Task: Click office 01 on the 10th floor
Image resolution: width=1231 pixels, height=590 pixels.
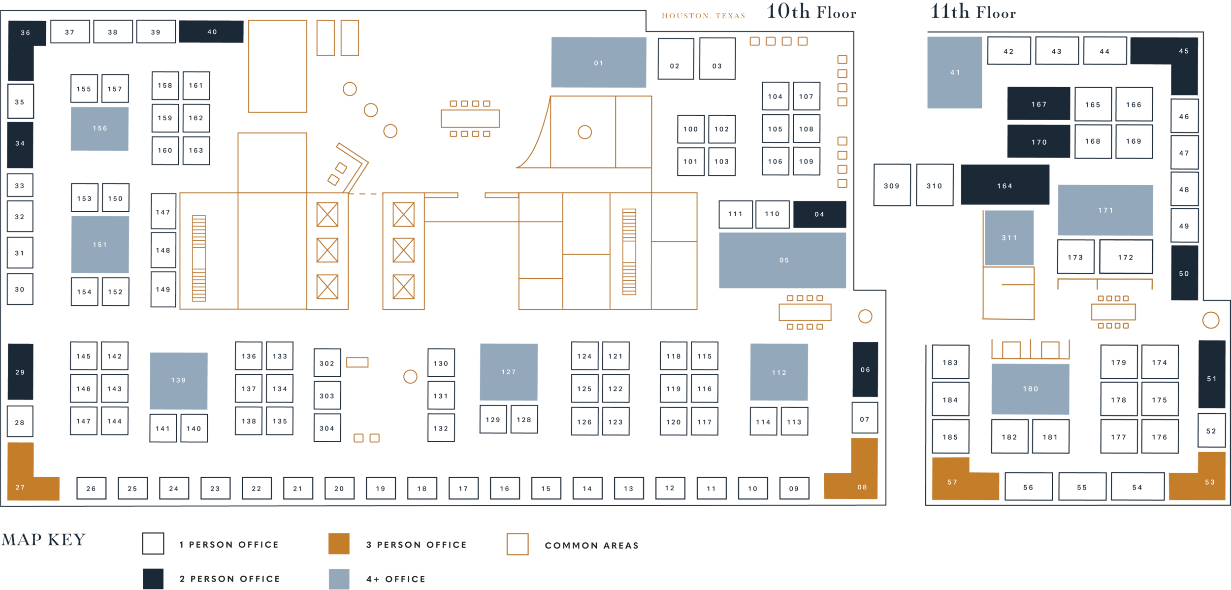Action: (x=598, y=63)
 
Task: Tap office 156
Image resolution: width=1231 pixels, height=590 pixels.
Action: (x=99, y=129)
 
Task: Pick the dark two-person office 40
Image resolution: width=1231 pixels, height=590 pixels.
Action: (x=211, y=32)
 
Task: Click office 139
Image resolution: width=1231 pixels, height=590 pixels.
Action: (x=179, y=380)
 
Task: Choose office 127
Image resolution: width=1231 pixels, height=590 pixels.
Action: (x=509, y=372)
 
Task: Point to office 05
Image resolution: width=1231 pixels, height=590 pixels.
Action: (x=782, y=260)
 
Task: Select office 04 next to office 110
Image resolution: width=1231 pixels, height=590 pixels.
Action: (x=820, y=214)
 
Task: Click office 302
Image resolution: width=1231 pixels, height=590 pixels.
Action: (x=327, y=363)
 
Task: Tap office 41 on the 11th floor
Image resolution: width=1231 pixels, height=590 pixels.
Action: (x=955, y=72)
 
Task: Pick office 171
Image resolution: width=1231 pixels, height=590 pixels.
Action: (x=1105, y=210)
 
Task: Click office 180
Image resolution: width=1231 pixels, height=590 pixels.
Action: (x=1031, y=389)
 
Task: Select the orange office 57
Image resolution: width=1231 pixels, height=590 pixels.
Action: (x=953, y=483)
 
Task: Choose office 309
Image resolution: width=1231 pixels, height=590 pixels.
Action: (x=892, y=185)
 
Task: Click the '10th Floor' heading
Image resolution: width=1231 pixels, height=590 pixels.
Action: (x=811, y=12)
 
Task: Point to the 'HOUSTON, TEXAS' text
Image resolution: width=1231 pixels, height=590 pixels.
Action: (x=703, y=16)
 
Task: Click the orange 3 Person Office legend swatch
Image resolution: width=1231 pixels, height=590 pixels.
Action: (x=339, y=544)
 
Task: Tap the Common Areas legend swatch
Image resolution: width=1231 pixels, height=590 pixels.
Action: (x=518, y=544)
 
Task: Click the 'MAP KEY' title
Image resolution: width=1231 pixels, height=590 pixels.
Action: (x=43, y=540)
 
